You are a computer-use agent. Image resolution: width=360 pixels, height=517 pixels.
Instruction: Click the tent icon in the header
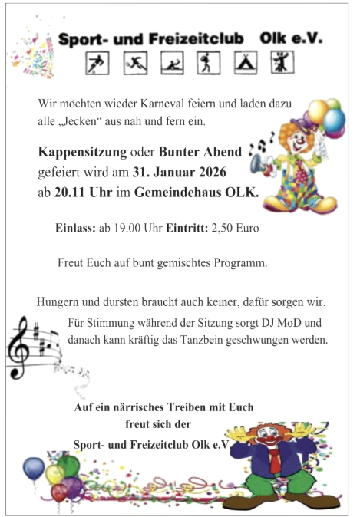245,62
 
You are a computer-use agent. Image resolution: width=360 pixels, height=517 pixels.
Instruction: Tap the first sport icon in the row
96,62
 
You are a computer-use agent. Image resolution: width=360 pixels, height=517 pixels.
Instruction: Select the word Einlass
75,228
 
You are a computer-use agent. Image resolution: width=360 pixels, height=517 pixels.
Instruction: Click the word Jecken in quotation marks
82,121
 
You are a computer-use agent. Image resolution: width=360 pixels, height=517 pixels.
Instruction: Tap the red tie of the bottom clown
275,463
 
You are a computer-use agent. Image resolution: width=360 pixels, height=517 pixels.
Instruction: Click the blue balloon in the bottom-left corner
34,468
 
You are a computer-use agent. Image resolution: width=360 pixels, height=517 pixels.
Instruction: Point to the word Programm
239,263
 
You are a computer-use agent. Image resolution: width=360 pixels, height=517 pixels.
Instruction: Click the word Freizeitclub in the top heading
200,38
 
